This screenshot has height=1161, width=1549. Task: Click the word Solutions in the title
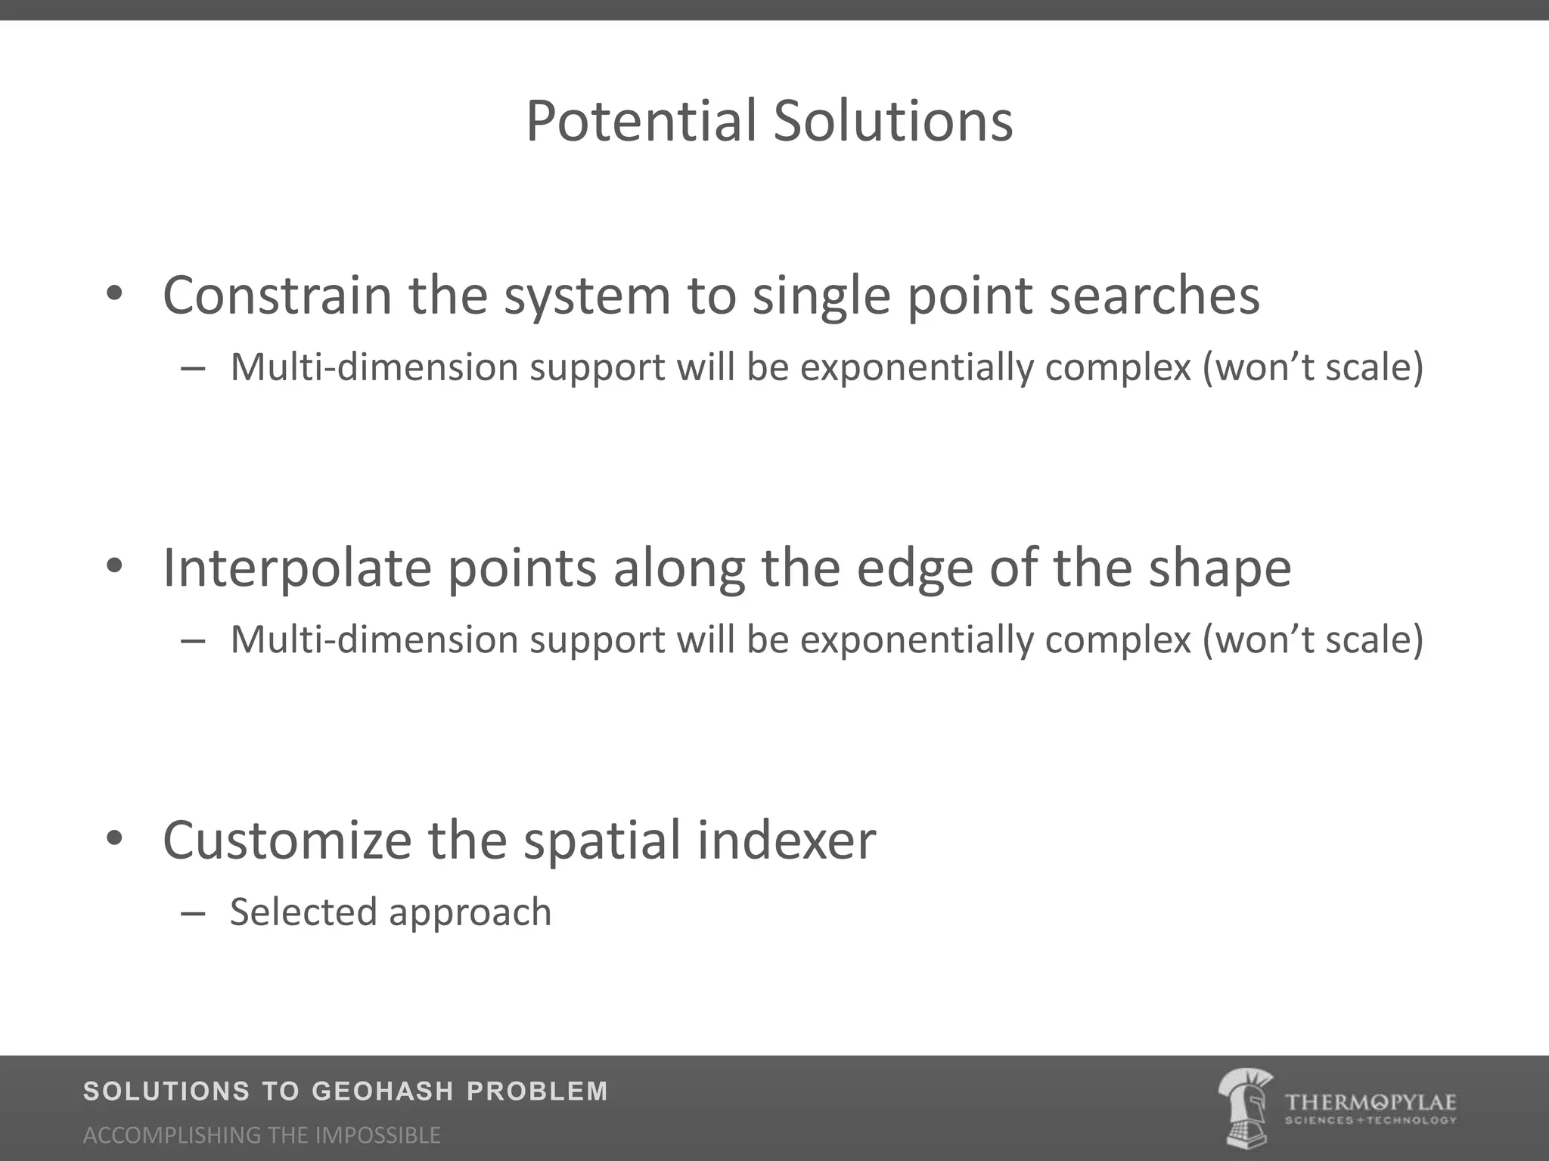tap(892, 121)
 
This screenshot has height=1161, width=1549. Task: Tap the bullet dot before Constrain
tap(114, 294)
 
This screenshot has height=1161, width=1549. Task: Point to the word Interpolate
tap(296, 568)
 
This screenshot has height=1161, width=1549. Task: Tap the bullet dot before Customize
tap(114, 839)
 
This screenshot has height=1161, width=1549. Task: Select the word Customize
tap(287, 841)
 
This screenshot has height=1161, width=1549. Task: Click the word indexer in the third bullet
tap(786, 841)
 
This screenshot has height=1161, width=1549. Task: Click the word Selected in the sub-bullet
tap(302, 912)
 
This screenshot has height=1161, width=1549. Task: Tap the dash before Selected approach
tap(194, 914)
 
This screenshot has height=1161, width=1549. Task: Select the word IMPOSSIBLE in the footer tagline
tap(377, 1135)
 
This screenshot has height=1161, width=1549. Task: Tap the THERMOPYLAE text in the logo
tap(1370, 1102)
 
